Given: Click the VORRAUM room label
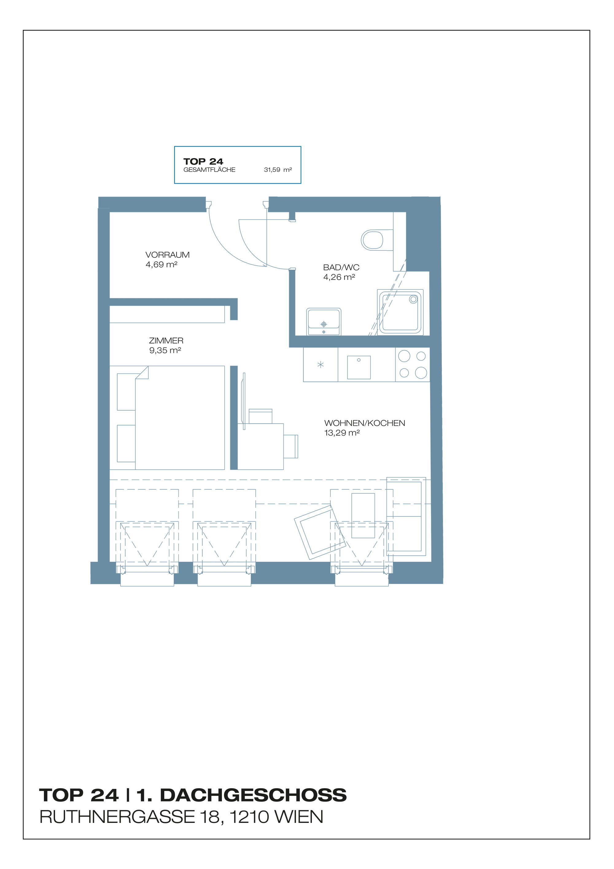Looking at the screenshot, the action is [168, 255].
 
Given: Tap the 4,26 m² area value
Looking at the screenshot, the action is [339, 277].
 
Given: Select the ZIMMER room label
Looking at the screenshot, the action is [166, 341].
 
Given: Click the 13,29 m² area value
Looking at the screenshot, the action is [342, 433].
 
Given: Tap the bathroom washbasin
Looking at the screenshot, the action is [324, 322].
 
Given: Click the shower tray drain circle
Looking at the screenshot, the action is [414, 299].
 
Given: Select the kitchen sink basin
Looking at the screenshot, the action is [359, 367].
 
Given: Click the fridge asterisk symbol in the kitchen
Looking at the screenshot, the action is [321, 365].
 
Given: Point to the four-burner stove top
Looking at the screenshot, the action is [413, 365].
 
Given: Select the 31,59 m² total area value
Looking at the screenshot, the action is [278, 170].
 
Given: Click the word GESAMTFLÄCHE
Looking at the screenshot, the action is [209, 170].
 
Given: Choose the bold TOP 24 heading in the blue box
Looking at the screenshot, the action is [203, 162].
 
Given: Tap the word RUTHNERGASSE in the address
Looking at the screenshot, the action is [117, 817].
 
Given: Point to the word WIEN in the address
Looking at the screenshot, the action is [299, 817].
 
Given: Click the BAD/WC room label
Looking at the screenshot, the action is [341, 267].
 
